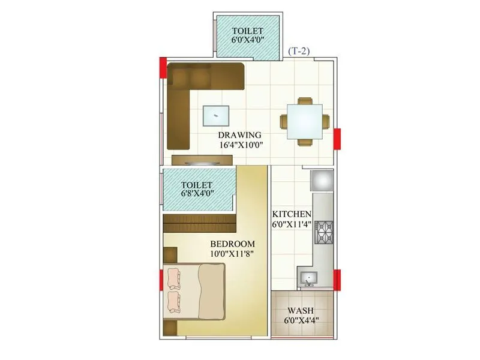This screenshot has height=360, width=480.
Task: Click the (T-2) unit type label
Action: point(299,52)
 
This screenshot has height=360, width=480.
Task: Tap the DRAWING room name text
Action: point(239,134)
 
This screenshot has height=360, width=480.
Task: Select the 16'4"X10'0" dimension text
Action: point(239,145)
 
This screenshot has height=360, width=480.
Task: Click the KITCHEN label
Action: point(292,214)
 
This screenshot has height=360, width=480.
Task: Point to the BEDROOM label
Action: point(232,244)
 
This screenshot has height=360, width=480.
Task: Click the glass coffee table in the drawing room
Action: point(216,115)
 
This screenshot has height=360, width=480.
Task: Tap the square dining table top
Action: point(304,121)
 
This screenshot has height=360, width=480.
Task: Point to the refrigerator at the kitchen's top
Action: point(321,179)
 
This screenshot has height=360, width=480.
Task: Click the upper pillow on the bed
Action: point(175,278)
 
